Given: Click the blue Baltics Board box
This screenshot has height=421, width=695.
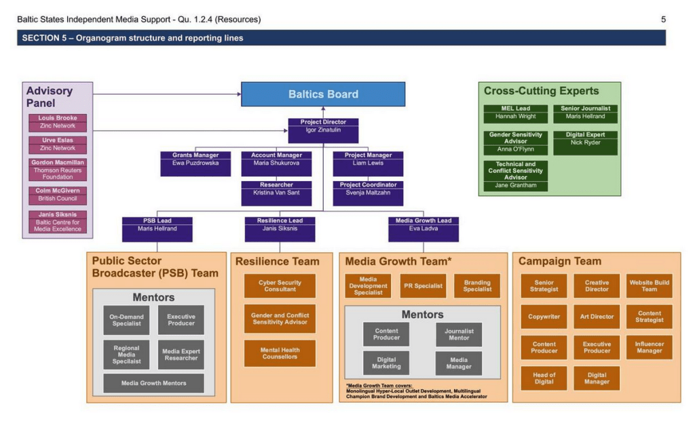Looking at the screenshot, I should [x=323, y=94].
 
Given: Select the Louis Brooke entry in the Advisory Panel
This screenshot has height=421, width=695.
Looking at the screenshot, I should [x=58, y=122].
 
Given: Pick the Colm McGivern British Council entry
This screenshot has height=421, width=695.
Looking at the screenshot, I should [x=58, y=195].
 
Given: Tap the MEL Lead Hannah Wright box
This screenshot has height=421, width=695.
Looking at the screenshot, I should [x=515, y=113].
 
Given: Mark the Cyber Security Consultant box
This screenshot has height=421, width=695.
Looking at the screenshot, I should [x=280, y=286].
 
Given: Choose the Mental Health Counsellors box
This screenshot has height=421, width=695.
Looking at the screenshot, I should [x=280, y=353].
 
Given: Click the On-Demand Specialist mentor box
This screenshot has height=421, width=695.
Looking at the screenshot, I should [x=126, y=320].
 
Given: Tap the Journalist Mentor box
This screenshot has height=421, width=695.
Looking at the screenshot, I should [x=459, y=334].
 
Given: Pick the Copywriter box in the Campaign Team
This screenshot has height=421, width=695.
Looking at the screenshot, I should [x=544, y=317].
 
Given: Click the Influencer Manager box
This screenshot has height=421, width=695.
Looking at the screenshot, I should [x=649, y=347].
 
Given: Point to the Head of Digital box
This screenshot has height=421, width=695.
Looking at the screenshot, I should [x=544, y=378].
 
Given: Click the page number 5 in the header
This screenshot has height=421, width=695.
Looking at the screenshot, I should [x=663, y=20].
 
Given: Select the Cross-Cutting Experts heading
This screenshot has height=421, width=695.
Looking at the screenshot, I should [x=541, y=91].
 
